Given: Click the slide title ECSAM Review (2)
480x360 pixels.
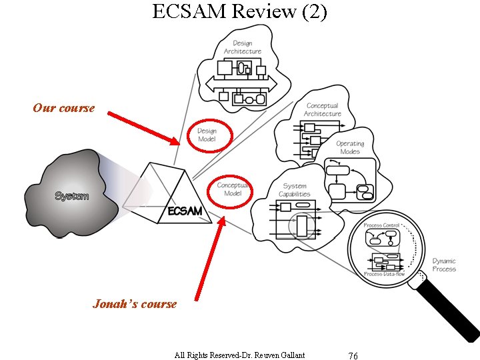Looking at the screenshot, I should (x=239, y=12).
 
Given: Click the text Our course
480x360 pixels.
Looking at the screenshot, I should (x=64, y=108).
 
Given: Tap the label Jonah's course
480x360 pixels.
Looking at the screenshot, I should (x=135, y=304).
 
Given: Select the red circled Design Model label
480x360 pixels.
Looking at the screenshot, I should (x=207, y=135).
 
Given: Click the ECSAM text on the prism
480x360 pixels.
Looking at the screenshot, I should (x=185, y=211).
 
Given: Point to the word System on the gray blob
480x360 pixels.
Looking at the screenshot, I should (x=71, y=196).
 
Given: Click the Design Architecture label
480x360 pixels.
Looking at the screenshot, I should (x=242, y=47).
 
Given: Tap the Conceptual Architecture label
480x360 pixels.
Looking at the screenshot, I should (x=322, y=109).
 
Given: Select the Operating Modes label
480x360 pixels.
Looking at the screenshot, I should (x=350, y=147).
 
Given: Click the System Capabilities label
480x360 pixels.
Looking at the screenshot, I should (x=294, y=190).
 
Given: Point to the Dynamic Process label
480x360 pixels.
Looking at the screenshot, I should (x=444, y=265).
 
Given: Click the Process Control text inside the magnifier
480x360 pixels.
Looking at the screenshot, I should (x=382, y=226).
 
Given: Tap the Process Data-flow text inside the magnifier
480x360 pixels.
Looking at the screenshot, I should (x=385, y=274).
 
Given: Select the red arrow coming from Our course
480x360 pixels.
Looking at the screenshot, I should (x=143, y=127).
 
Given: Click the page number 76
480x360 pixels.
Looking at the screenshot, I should (x=353, y=355).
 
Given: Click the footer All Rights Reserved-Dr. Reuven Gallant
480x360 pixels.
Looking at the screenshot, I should (x=239, y=355).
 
